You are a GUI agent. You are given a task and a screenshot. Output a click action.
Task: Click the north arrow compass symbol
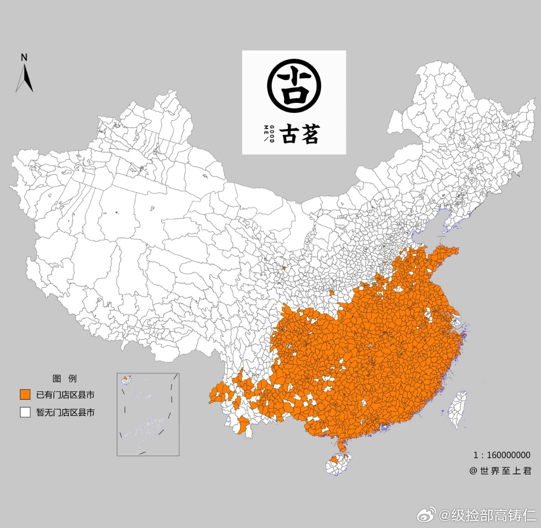point(25,78)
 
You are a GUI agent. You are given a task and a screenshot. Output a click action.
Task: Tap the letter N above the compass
point(24,57)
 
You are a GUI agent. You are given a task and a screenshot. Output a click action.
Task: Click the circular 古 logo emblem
point(294,86)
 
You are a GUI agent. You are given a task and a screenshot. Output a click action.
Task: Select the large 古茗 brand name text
point(300,134)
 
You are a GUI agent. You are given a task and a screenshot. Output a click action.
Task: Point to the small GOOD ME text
point(269,134)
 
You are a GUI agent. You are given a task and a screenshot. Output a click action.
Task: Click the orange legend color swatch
point(25,394)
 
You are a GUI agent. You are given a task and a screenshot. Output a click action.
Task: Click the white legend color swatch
point(25,412)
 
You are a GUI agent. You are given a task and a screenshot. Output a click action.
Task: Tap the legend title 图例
point(64,378)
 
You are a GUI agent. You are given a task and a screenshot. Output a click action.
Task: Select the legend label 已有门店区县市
point(65,395)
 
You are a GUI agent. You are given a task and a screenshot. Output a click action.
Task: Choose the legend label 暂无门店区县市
point(65,412)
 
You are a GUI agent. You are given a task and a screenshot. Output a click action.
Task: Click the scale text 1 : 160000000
point(502,455)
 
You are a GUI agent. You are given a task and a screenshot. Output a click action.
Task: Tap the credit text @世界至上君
point(500,471)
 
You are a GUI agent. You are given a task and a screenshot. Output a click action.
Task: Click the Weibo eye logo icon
point(426,515)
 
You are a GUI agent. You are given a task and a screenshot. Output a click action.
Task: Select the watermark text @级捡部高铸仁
point(487,515)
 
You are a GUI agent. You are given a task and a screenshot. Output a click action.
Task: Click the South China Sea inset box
point(148,414)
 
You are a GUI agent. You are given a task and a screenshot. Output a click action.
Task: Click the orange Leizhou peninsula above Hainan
point(341,444)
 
